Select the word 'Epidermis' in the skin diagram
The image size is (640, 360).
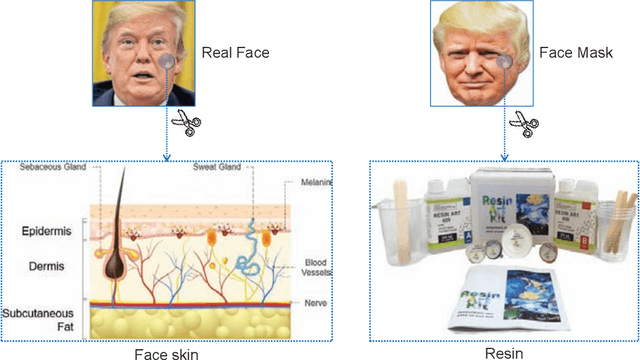tap(50, 232)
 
